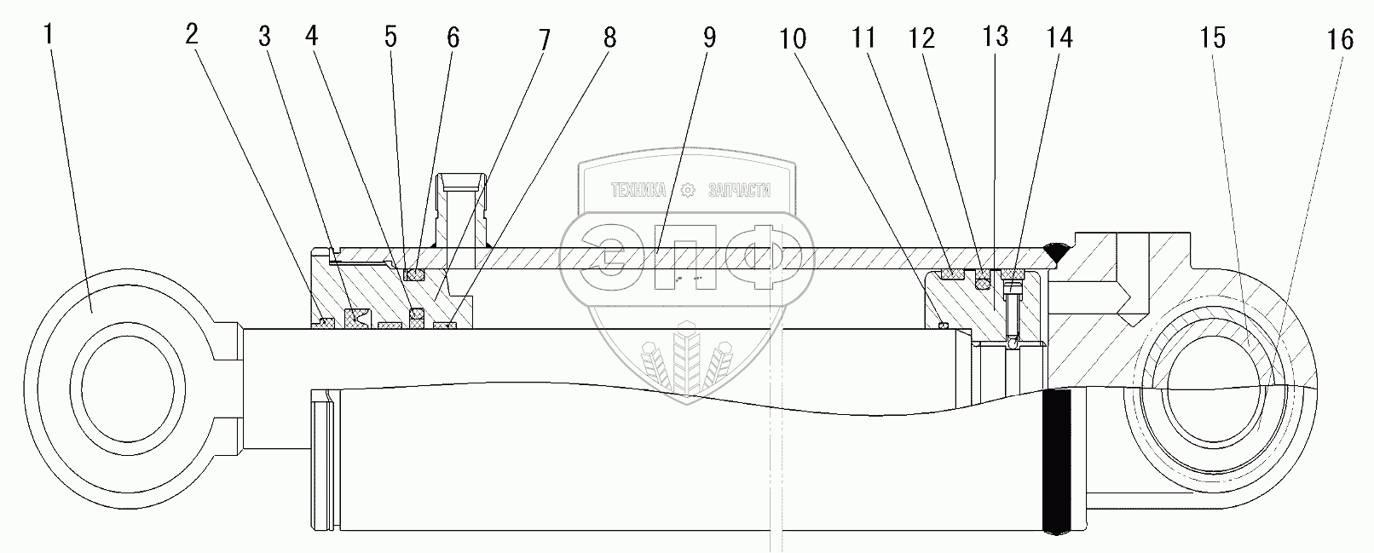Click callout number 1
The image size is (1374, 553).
pyautogui.click(x=49, y=36)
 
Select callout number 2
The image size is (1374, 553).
pyautogui.click(x=191, y=35)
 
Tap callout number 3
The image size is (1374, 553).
pyautogui.click(x=265, y=37)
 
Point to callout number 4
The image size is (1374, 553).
pyautogui.click(x=312, y=37)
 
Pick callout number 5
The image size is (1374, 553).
pyautogui.click(x=390, y=37)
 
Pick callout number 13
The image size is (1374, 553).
pyautogui.click(x=995, y=36)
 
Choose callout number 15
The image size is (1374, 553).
pyautogui.click(x=1213, y=37)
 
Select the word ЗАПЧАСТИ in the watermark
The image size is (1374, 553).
pyautogui.click(x=739, y=191)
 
